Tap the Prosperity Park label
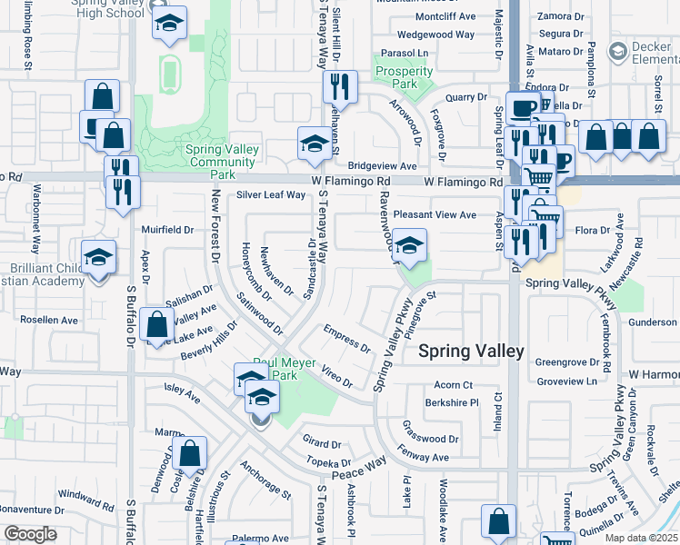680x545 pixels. (403, 78)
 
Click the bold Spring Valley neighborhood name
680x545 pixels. (470, 351)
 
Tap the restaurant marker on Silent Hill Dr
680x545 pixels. (340, 86)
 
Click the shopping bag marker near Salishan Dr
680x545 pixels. (157, 324)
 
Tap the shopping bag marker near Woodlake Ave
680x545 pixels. (498, 520)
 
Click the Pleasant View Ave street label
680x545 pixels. (435, 215)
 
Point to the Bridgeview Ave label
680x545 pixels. (382, 166)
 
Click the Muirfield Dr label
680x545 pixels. (167, 230)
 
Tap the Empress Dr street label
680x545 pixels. (346, 340)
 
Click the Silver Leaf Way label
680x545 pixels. (271, 194)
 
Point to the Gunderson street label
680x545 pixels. (652, 322)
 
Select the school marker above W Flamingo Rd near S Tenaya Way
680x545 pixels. (315, 144)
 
